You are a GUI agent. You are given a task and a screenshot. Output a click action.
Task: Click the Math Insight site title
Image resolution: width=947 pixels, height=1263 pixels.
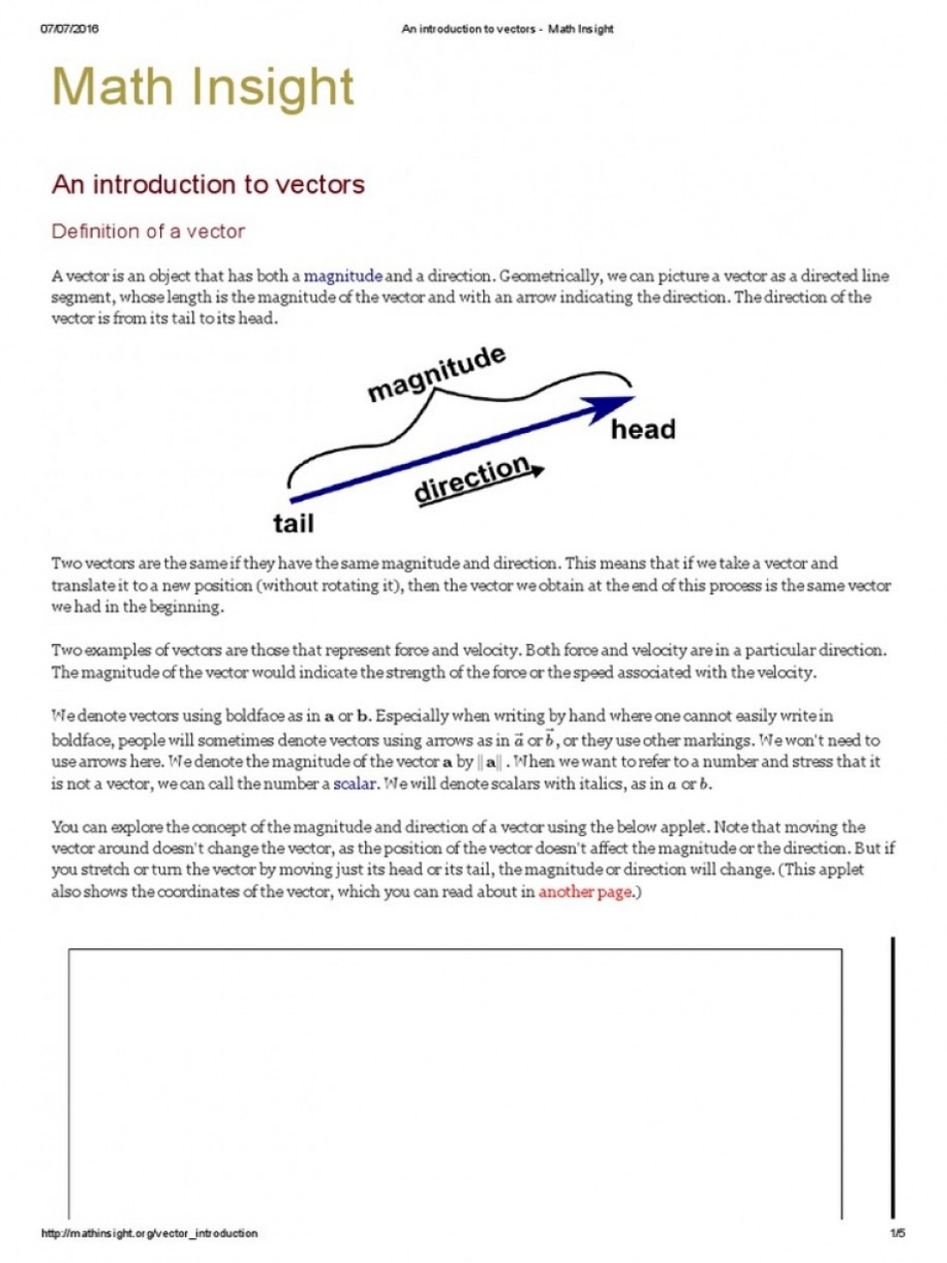click(202, 87)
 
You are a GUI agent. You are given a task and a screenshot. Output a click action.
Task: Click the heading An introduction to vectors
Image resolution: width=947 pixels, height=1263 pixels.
click(208, 184)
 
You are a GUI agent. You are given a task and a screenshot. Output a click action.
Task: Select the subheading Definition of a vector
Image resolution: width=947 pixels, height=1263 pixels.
click(148, 232)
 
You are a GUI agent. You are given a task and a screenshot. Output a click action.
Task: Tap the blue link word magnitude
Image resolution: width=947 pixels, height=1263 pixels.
click(343, 276)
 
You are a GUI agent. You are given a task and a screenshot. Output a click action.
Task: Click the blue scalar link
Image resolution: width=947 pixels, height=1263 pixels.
click(355, 784)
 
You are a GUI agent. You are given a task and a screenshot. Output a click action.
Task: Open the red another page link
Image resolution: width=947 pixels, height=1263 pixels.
click(584, 892)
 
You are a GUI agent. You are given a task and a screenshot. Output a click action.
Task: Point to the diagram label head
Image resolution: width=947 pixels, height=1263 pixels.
click(643, 430)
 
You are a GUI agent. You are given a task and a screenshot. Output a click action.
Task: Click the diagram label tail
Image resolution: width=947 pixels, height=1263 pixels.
click(293, 523)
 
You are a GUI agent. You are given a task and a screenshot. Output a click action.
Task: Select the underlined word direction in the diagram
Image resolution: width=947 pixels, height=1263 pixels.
click(471, 480)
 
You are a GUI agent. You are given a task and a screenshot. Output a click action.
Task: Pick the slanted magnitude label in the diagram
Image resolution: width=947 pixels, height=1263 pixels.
click(436, 374)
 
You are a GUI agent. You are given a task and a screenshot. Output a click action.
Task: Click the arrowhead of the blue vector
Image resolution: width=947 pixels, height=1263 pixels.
click(612, 406)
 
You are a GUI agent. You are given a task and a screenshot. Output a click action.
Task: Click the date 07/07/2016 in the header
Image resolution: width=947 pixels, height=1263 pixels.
click(69, 28)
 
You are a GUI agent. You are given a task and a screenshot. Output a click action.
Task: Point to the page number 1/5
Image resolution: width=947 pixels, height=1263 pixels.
click(897, 1233)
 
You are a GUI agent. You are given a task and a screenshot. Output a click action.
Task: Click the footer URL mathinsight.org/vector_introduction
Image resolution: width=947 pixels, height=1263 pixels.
click(149, 1233)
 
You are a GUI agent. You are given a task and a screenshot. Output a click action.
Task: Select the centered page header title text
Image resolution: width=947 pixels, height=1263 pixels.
click(507, 29)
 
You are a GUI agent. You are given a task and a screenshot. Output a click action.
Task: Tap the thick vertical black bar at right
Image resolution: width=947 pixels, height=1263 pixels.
click(893, 1077)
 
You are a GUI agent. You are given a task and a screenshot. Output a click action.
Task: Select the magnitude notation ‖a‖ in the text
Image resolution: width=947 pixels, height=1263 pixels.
click(490, 762)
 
